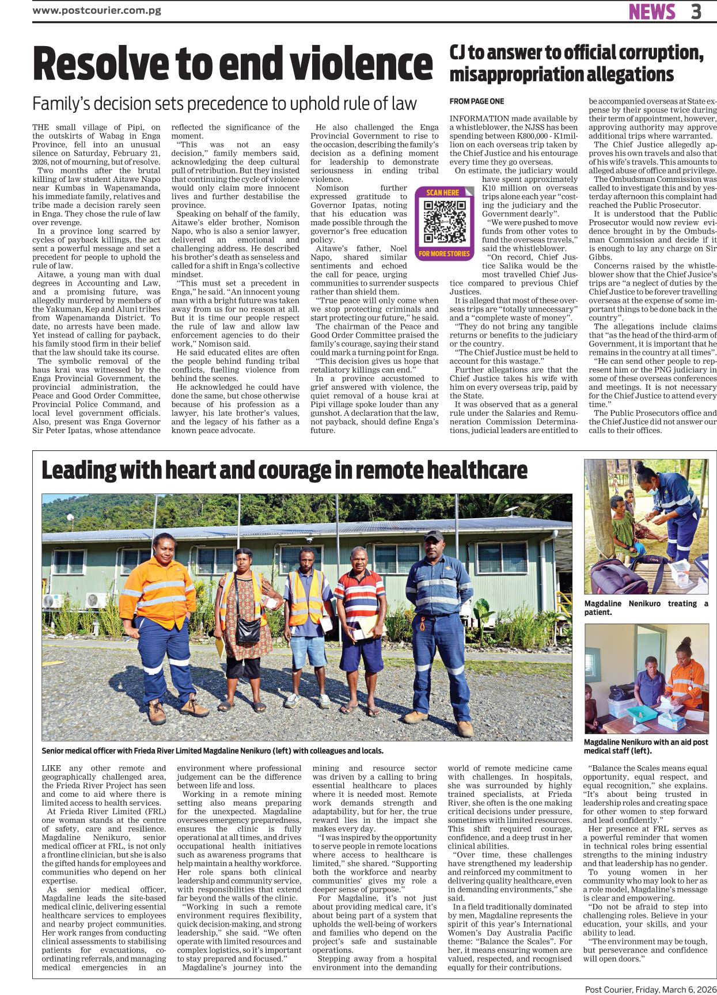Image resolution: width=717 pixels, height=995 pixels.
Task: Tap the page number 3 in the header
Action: click(x=696, y=12)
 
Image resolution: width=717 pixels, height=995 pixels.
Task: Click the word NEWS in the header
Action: click(x=652, y=12)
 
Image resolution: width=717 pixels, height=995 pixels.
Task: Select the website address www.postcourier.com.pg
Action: click(x=97, y=10)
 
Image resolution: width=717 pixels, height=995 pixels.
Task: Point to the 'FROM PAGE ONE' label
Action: click(x=477, y=101)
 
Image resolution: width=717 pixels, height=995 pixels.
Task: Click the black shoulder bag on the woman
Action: click(x=248, y=630)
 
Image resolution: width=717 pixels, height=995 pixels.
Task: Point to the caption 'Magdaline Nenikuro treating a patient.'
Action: click(x=646, y=607)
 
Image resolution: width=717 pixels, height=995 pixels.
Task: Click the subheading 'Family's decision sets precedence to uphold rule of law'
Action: click(x=224, y=104)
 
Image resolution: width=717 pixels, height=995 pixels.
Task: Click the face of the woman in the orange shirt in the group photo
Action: click(x=164, y=554)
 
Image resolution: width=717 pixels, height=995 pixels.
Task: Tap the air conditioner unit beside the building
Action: click(x=96, y=601)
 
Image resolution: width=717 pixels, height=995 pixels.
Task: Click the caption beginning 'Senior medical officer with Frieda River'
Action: click(x=213, y=751)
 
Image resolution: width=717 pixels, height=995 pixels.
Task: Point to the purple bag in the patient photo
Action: click(x=610, y=577)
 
